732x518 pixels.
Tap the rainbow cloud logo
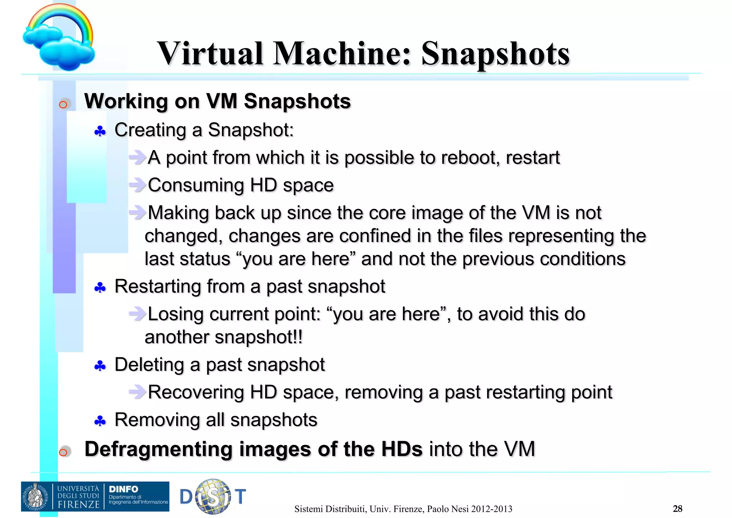click(x=59, y=38)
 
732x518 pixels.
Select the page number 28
click(x=677, y=508)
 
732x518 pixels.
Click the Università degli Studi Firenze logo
click(x=61, y=497)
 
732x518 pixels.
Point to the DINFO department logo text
click(x=123, y=489)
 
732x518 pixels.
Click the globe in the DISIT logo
click(x=213, y=496)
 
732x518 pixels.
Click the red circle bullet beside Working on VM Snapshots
click(x=63, y=104)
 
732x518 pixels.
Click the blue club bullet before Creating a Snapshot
click(x=100, y=132)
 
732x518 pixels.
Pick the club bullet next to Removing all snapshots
click(x=100, y=421)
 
